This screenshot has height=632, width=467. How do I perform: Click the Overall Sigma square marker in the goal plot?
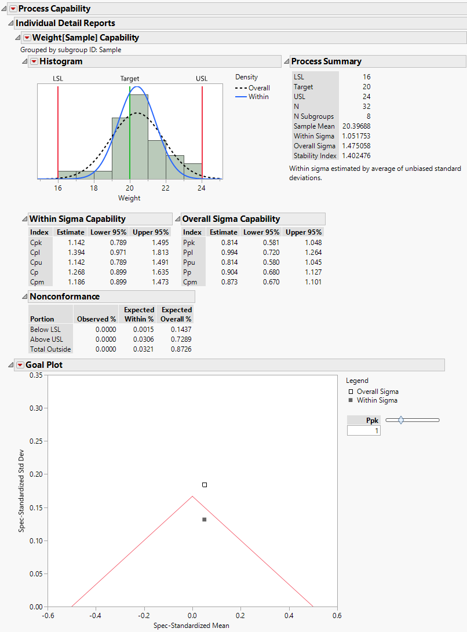(x=205, y=485)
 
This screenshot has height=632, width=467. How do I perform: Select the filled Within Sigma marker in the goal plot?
(x=205, y=520)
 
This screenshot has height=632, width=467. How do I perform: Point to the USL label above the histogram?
(x=202, y=79)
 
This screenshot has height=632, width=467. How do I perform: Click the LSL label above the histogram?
(x=58, y=79)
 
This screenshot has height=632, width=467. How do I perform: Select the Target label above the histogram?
(x=130, y=79)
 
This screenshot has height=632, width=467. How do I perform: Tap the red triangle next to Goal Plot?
(x=20, y=365)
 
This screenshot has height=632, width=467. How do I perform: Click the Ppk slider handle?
(x=401, y=420)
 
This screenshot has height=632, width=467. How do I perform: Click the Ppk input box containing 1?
(x=364, y=430)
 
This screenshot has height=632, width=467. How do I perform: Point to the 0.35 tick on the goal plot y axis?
(x=35, y=375)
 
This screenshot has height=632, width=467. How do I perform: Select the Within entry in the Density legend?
(x=258, y=97)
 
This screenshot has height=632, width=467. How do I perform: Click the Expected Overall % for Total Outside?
(x=176, y=349)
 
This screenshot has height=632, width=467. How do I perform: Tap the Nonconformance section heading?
(x=64, y=297)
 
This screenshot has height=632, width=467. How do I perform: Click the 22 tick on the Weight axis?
(x=166, y=188)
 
